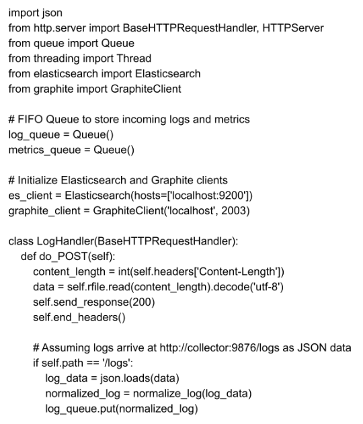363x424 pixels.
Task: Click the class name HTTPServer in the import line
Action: point(293,28)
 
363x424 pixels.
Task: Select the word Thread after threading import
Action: point(134,58)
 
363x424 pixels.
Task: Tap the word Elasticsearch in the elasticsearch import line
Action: point(167,74)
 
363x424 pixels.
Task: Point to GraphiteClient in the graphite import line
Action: point(146,89)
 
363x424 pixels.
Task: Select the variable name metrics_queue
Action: point(44,151)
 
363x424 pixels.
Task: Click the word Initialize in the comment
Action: point(38,180)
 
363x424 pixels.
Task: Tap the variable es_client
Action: point(30,196)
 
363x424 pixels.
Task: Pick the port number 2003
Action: point(234,211)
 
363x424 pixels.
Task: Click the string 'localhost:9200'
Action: point(208,196)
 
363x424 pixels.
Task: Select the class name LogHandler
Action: point(65,241)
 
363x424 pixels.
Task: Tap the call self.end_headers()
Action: point(79,317)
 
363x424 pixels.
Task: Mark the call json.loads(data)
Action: point(140,378)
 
